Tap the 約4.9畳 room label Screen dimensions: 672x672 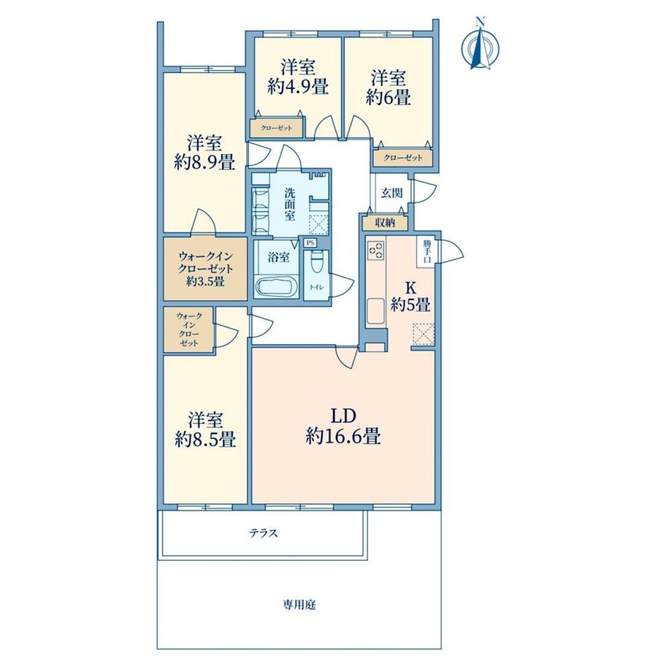pos(298,77)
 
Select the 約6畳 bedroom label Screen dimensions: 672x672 pos(389,88)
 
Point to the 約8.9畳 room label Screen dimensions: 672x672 pos(205,153)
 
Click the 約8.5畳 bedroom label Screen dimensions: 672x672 pos(205,429)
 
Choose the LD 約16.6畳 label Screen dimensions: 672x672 pos(343,427)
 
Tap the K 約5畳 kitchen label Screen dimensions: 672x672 pos(411,296)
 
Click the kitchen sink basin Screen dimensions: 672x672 pos(376,311)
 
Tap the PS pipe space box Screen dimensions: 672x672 pos(310,243)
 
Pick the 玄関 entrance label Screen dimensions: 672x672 pos(392,193)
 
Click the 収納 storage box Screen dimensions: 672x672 pos(385,223)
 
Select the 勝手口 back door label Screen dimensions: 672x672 pos(427,252)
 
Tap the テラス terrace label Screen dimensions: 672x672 pos(264,533)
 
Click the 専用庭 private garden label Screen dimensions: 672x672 pos(299,605)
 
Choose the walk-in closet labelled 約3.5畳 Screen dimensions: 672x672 pos(205,269)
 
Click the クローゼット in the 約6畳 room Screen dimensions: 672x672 pos(403,158)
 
